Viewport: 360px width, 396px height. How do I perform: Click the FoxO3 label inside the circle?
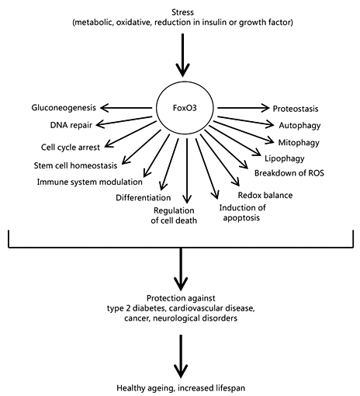point(185,108)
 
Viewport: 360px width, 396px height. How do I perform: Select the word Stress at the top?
point(182,12)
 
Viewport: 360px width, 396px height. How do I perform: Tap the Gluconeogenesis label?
point(64,108)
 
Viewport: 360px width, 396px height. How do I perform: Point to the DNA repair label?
point(71,125)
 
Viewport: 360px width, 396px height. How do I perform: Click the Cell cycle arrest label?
point(71,148)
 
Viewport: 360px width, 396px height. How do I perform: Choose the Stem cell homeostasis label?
point(75,165)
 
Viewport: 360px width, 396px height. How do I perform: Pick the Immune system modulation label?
point(90,182)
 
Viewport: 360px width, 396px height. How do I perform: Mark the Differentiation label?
point(144,198)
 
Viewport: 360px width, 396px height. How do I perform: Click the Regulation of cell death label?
point(174,215)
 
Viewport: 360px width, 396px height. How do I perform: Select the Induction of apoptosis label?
point(242,213)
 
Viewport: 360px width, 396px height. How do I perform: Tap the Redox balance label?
point(265,195)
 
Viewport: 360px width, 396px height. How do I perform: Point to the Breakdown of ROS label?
point(289,173)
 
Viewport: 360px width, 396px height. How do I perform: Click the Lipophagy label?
point(285,158)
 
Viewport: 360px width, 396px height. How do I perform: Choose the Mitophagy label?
point(299,143)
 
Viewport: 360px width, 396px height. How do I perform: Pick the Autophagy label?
point(299,126)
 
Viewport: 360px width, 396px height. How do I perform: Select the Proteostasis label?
point(296,109)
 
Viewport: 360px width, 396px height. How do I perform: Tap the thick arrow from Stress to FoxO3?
point(182,55)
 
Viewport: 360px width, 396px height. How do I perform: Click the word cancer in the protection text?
point(137,318)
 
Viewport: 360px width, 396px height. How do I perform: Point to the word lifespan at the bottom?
point(230,388)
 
